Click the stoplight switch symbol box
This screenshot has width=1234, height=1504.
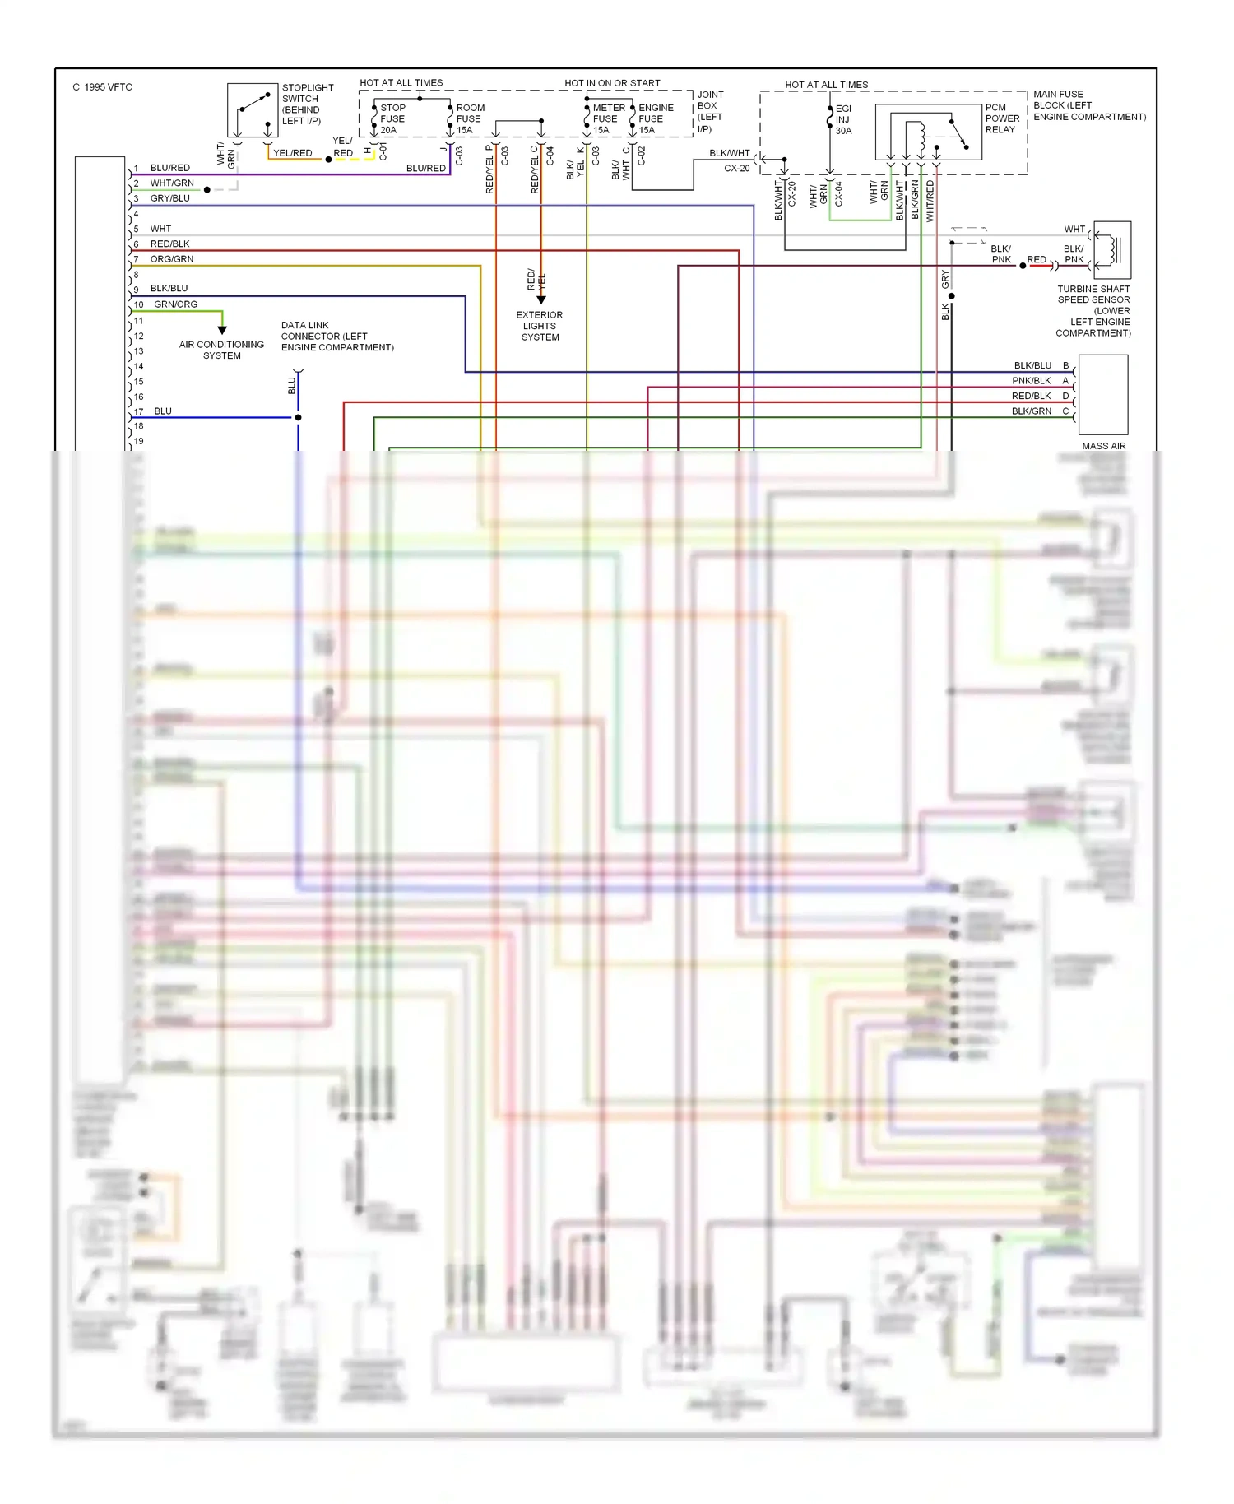click(x=253, y=110)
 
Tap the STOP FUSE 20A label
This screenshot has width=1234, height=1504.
click(x=392, y=118)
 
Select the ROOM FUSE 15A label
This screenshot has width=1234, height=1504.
click(x=470, y=118)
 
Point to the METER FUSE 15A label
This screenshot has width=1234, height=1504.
click(x=608, y=118)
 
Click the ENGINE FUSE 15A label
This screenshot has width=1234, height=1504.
click(x=655, y=118)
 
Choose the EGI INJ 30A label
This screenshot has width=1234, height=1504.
click(x=843, y=119)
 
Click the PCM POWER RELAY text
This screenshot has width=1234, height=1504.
click(x=1002, y=118)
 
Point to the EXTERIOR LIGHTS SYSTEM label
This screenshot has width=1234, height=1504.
click(x=540, y=326)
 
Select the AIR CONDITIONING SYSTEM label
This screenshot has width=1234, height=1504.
click(x=221, y=350)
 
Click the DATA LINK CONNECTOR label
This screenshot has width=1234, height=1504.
click(x=336, y=337)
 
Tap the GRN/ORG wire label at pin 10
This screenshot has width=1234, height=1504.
click(x=175, y=304)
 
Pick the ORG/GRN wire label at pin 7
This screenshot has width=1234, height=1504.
click(x=171, y=259)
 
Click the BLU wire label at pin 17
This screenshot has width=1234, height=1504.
click(x=163, y=411)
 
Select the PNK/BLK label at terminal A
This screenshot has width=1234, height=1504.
click(x=1031, y=381)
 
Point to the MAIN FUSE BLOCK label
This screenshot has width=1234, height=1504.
click(x=1088, y=105)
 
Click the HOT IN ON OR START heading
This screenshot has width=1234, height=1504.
click(x=612, y=83)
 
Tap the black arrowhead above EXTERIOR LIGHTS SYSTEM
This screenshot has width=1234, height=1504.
click(x=540, y=300)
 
